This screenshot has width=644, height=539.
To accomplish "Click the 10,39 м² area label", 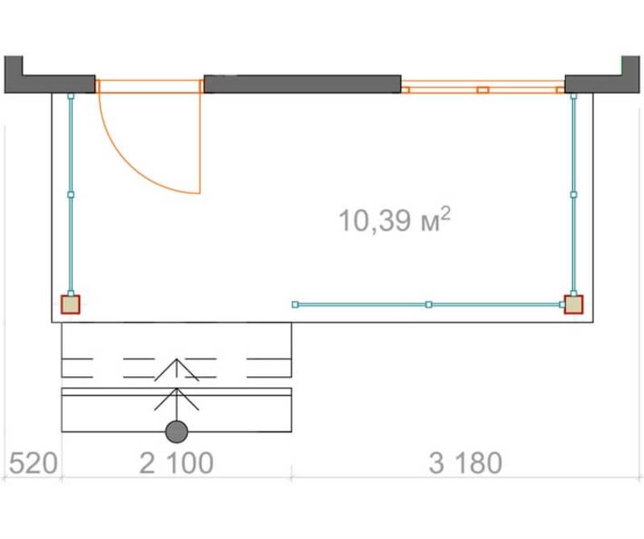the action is (394, 219).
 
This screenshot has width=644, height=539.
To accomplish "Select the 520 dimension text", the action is (33, 463).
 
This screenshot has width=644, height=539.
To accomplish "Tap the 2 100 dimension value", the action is (176, 463).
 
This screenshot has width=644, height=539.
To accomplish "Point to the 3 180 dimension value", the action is (465, 463).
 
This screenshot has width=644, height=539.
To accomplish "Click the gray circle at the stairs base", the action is (176, 432).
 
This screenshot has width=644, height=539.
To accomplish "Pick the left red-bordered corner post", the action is (70, 305).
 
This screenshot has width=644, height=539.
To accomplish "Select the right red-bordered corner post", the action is (573, 305).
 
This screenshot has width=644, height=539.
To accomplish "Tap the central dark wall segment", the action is (303, 84).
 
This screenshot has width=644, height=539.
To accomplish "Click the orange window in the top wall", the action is (483, 87).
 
